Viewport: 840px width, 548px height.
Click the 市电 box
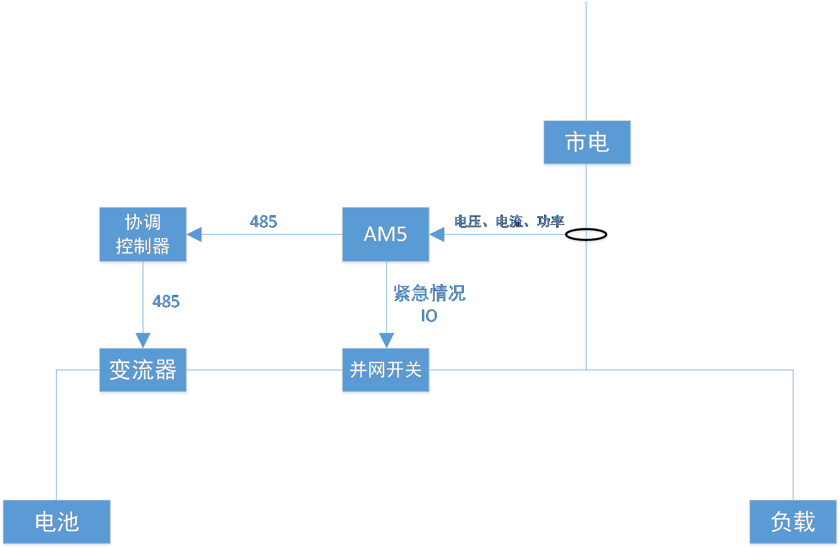point(588,143)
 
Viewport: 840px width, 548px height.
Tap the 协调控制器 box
point(143,235)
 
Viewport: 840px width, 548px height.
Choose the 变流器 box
point(143,371)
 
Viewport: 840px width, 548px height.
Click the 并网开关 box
point(386,371)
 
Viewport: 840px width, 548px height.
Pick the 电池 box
point(57,523)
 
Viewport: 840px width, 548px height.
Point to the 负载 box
point(794,523)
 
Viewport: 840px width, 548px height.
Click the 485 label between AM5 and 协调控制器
point(264,222)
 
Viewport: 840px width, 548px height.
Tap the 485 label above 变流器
point(166,302)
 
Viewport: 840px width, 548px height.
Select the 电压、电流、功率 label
point(509,221)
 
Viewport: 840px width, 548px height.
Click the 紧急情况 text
point(429,293)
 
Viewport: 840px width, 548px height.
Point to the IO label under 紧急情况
point(429,316)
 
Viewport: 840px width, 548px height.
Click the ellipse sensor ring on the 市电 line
point(587,237)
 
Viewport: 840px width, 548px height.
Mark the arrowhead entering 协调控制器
point(196,234)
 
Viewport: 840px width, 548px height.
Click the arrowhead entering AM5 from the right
point(438,234)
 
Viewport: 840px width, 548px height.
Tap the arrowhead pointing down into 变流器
point(143,340)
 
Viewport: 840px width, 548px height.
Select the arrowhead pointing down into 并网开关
point(386,340)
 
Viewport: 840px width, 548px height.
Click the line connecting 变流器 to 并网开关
point(264,370)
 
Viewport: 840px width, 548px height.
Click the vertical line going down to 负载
point(793,436)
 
